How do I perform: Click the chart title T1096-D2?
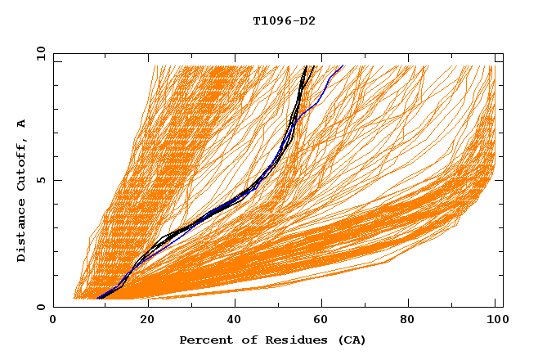pos(284,20)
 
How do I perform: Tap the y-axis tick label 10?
pos(39,54)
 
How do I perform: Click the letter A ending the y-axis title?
pos(22,124)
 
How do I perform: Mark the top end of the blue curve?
pos(343,65)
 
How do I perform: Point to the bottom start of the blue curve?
pos(97,299)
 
